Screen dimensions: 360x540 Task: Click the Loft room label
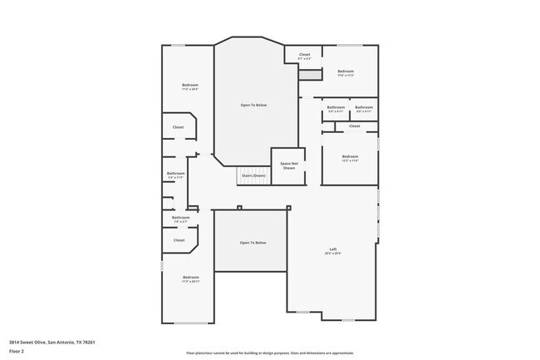point(332,250)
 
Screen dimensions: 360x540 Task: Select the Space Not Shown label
point(288,165)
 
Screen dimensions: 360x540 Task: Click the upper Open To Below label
point(253,105)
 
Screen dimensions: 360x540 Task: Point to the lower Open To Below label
point(253,242)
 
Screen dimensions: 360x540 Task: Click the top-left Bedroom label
point(190,86)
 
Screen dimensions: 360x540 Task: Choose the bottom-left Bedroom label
point(190,278)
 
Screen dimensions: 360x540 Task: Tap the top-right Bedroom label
point(346,72)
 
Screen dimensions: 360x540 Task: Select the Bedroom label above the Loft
point(350,157)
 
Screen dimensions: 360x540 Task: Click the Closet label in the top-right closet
point(304,56)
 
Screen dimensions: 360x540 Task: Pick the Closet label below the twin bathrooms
point(354,126)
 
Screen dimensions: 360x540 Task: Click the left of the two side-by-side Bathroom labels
point(336,108)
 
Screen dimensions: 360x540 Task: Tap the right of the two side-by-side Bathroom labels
point(364,108)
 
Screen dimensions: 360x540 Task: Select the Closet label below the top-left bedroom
point(178,127)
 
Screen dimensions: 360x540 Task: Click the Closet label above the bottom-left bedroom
point(179,239)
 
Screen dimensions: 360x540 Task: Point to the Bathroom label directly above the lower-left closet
point(180,219)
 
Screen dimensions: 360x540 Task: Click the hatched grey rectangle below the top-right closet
point(310,75)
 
